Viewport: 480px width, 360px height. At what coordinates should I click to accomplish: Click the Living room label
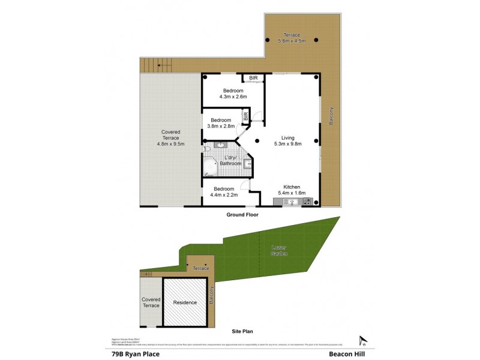click(x=287, y=137)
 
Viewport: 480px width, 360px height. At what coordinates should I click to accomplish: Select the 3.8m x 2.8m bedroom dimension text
click(x=221, y=126)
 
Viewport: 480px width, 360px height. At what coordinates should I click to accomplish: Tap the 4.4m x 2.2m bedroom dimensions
click(x=224, y=194)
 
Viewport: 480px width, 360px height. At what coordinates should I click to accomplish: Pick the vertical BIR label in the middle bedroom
click(x=245, y=116)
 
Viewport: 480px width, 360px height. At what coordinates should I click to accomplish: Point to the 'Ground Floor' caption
click(x=242, y=214)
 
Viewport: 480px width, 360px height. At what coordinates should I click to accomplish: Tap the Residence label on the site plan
click(x=185, y=302)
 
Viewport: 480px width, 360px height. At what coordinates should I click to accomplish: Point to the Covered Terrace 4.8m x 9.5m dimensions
click(x=171, y=144)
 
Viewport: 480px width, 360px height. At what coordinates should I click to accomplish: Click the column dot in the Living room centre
click(x=257, y=141)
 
